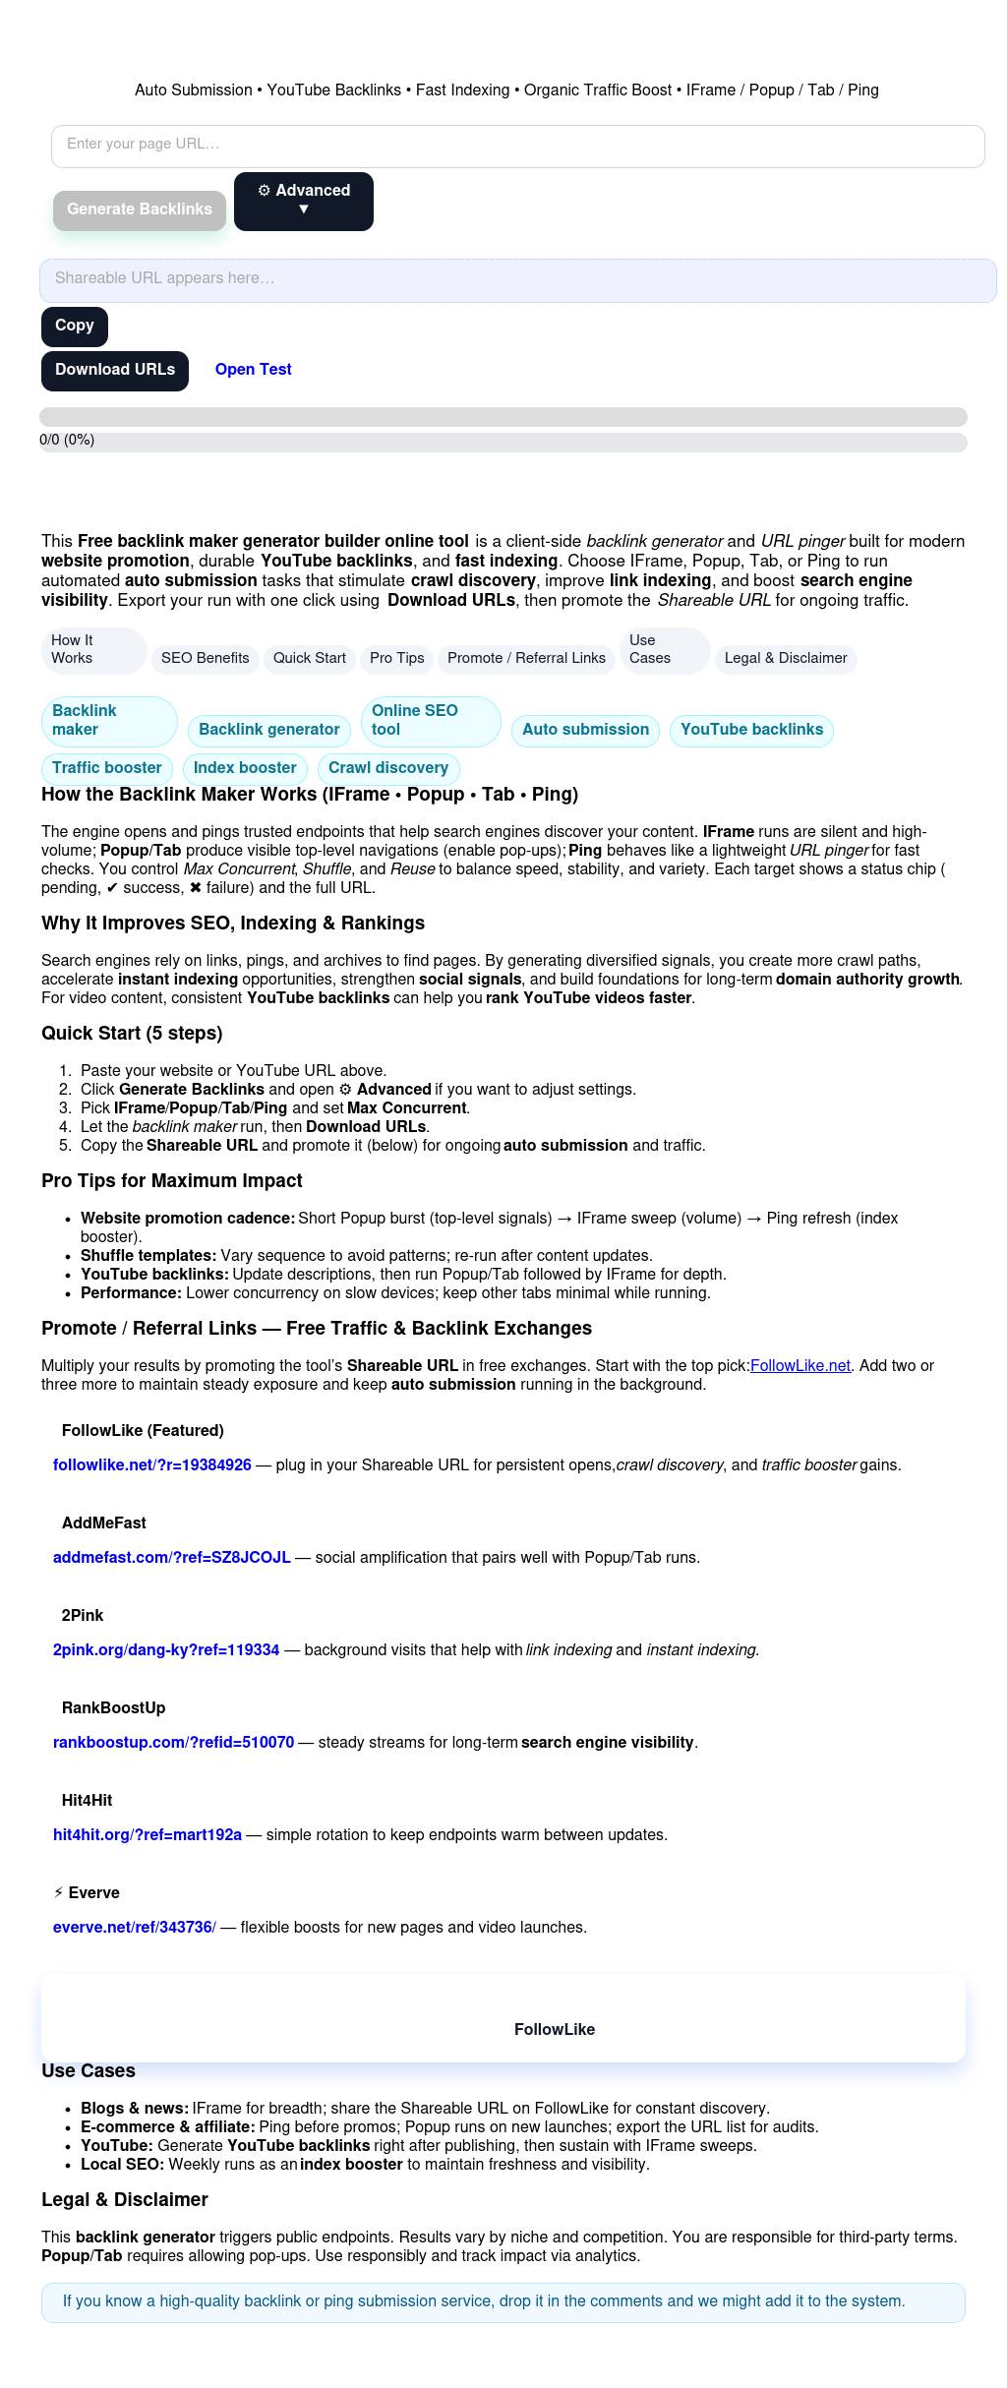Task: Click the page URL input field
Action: click(517, 146)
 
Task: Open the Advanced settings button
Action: click(303, 201)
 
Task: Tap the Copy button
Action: click(74, 326)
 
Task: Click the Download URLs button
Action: click(114, 370)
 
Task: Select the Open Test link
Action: click(253, 370)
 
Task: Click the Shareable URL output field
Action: click(517, 279)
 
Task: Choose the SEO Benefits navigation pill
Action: click(205, 658)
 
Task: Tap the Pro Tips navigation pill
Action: click(396, 658)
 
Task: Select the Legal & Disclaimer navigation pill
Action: click(785, 658)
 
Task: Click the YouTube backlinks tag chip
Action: click(751, 730)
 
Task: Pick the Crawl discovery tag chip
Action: click(387, 768)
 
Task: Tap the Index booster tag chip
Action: click(245, 768)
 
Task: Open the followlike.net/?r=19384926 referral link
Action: click(152, 1465)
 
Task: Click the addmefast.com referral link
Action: click(171, 1558)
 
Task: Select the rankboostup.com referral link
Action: click(173, 1743)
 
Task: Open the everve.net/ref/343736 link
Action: click(134, 1928)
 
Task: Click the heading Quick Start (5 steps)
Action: click(132, 1034)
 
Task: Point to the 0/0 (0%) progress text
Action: click(67, 441)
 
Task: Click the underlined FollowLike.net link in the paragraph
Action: click(800, 1366)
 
